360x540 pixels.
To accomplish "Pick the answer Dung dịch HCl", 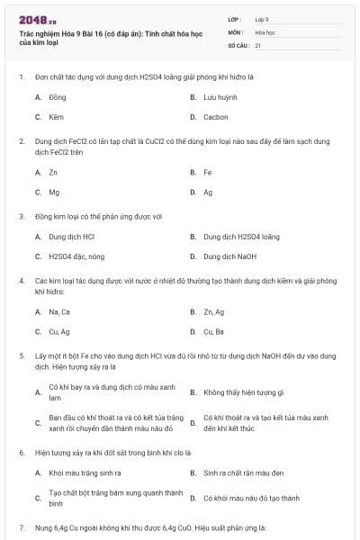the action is (x=72, y=237).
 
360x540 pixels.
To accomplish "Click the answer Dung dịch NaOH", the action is (x=230, y=256).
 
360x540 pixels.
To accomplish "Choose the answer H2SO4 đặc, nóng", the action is (x=76, y=256).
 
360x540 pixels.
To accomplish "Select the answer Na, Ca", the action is (x=59, y=311).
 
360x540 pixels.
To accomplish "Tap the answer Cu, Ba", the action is (x=214, y=331).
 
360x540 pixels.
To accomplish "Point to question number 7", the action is (x=22, y=526).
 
